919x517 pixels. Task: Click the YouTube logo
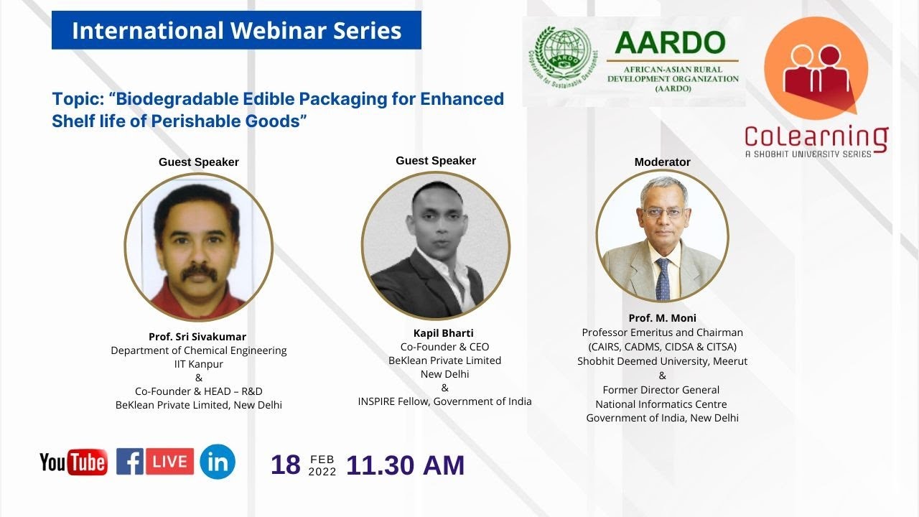73,462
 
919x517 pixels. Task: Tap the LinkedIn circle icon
218,462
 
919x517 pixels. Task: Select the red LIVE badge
170,461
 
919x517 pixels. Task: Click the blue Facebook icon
130,461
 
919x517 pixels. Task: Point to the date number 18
286,465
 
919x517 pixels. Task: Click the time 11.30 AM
405,465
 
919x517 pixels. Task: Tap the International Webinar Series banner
236,31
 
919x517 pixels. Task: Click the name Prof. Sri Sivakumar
197,337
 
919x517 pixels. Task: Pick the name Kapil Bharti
444,333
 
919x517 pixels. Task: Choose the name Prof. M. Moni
662,318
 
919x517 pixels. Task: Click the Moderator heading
662,162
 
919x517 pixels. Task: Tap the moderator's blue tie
663,280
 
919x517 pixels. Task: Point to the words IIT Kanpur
199,364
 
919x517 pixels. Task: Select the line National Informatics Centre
662,404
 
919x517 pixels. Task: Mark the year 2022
322,472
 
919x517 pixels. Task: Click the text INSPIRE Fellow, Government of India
444,401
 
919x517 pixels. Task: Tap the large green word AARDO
671,43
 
